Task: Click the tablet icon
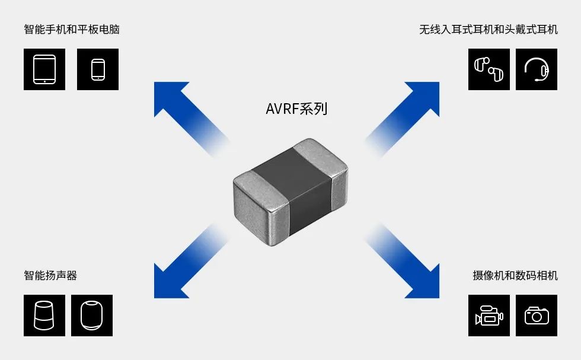[x=44, y=69]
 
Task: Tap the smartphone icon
[x=98, y=69]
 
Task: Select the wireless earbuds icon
[x=489, y=69]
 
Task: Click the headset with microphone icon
[x=537, y=69]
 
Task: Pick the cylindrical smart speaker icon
[x=44, y=316]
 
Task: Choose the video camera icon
[x=489, y=316]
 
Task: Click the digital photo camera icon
[x=537, y=316]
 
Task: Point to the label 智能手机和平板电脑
[x=72, y=29]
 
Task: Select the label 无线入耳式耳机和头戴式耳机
[x=488, y=29]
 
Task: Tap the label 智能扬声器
[x=50, y=275]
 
